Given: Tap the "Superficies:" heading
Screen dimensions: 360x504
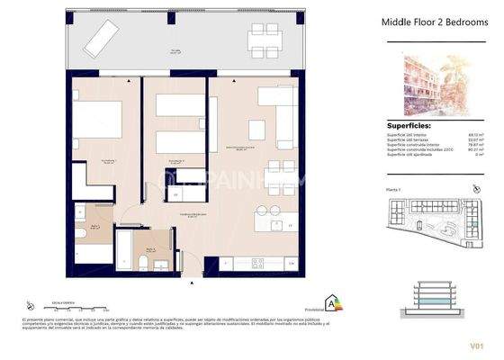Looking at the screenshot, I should (409, 127).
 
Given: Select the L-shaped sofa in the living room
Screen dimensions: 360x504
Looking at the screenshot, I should (279, 117).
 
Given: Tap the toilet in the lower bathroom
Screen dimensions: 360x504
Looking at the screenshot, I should (142, 261).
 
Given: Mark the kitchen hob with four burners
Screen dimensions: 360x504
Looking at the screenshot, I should (256, 263).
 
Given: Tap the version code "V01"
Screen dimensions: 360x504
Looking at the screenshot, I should (476, 345).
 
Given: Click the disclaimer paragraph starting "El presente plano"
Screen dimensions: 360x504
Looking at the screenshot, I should (162, 325).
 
